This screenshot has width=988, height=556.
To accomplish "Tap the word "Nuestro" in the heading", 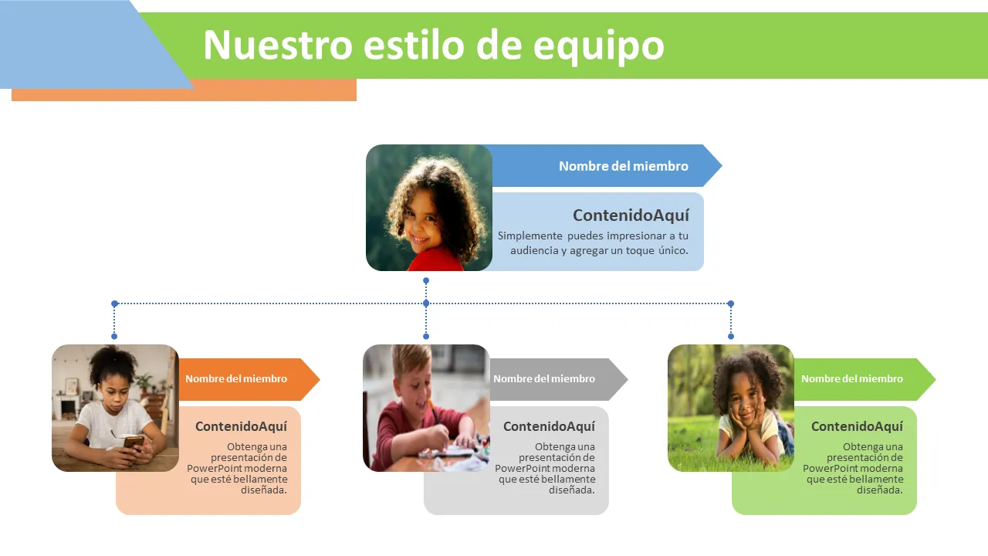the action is (278, 45).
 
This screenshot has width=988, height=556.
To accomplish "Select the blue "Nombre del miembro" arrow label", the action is (623, 166).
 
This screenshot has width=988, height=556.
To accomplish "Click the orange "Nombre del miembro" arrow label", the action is (236, 378).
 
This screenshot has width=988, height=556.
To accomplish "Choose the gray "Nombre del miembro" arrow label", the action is (544, 378).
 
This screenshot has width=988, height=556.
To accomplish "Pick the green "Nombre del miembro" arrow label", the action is (851, 378).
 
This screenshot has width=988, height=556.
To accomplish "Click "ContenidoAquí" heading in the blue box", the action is (631, 215).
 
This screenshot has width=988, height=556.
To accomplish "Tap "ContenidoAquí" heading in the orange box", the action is (241, 426).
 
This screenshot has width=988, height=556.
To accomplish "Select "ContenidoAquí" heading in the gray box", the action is (549, 426).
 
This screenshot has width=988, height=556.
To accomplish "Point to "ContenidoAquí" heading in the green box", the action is (857, 426).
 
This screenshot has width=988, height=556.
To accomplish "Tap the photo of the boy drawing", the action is (426, 409).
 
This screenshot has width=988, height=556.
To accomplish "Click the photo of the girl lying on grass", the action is (731, 409).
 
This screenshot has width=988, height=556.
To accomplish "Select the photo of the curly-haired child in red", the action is (429, 208).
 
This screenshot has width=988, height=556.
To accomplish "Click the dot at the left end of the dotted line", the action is (115, 303).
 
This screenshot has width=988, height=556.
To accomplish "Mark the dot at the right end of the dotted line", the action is (731, 303).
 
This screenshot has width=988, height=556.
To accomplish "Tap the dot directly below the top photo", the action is (426, 280).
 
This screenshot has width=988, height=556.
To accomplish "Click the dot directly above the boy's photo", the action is (426, 336).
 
